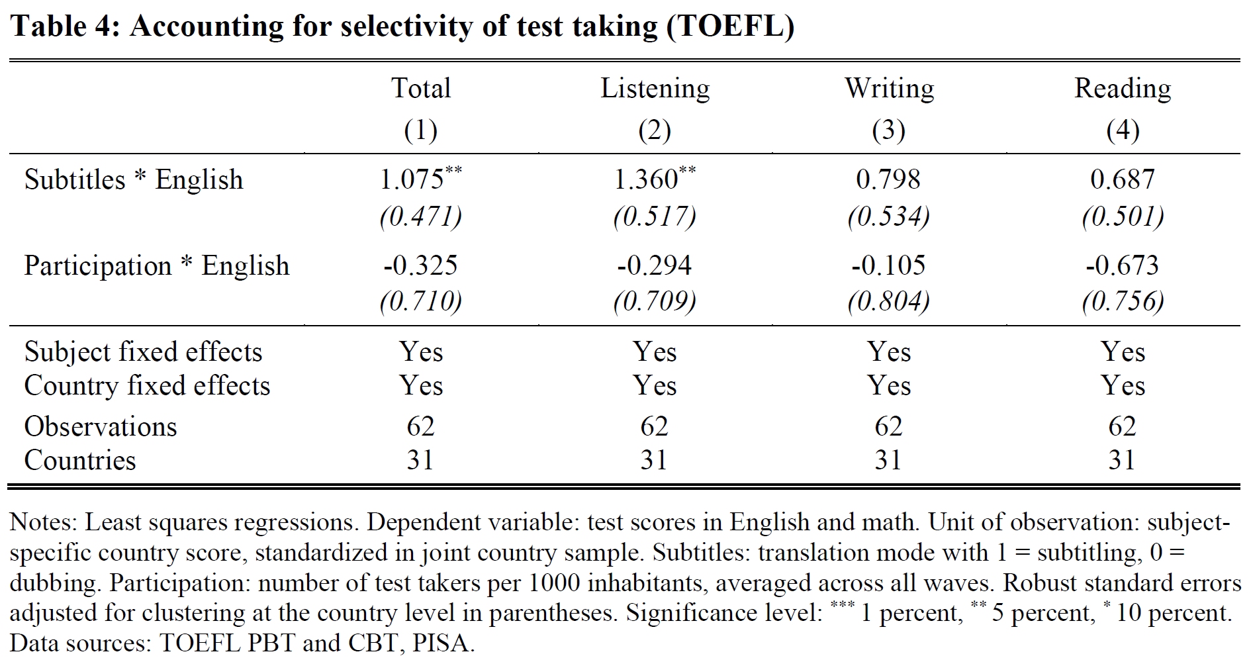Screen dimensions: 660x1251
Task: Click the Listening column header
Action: [655, 89]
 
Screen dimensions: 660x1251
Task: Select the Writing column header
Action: [889, 89]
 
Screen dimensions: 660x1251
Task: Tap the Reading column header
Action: [1123, 89]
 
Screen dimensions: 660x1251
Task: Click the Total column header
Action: [421, 89]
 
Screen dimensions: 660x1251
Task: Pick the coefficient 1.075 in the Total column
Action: [412, 179]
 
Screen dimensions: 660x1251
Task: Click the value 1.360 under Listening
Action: [646, 179]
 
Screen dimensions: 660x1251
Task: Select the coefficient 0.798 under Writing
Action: [888, 179]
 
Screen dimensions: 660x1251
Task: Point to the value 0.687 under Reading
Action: [1123, 179]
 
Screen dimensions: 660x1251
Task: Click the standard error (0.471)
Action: [421, 216]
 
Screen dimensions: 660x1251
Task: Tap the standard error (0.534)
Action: [889, 216]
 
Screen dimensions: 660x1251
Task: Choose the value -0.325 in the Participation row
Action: [421, 265]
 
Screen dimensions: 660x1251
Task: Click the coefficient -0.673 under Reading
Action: [1123, 265]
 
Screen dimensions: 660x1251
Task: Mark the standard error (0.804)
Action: [889, 302]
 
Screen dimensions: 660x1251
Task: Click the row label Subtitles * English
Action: [134, 180]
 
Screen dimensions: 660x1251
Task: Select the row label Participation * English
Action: [157, 266]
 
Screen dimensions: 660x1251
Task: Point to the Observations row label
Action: [101, 427]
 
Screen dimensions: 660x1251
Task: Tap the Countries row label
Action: [80, 461]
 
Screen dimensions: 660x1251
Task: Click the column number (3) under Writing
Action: [889, 130]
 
